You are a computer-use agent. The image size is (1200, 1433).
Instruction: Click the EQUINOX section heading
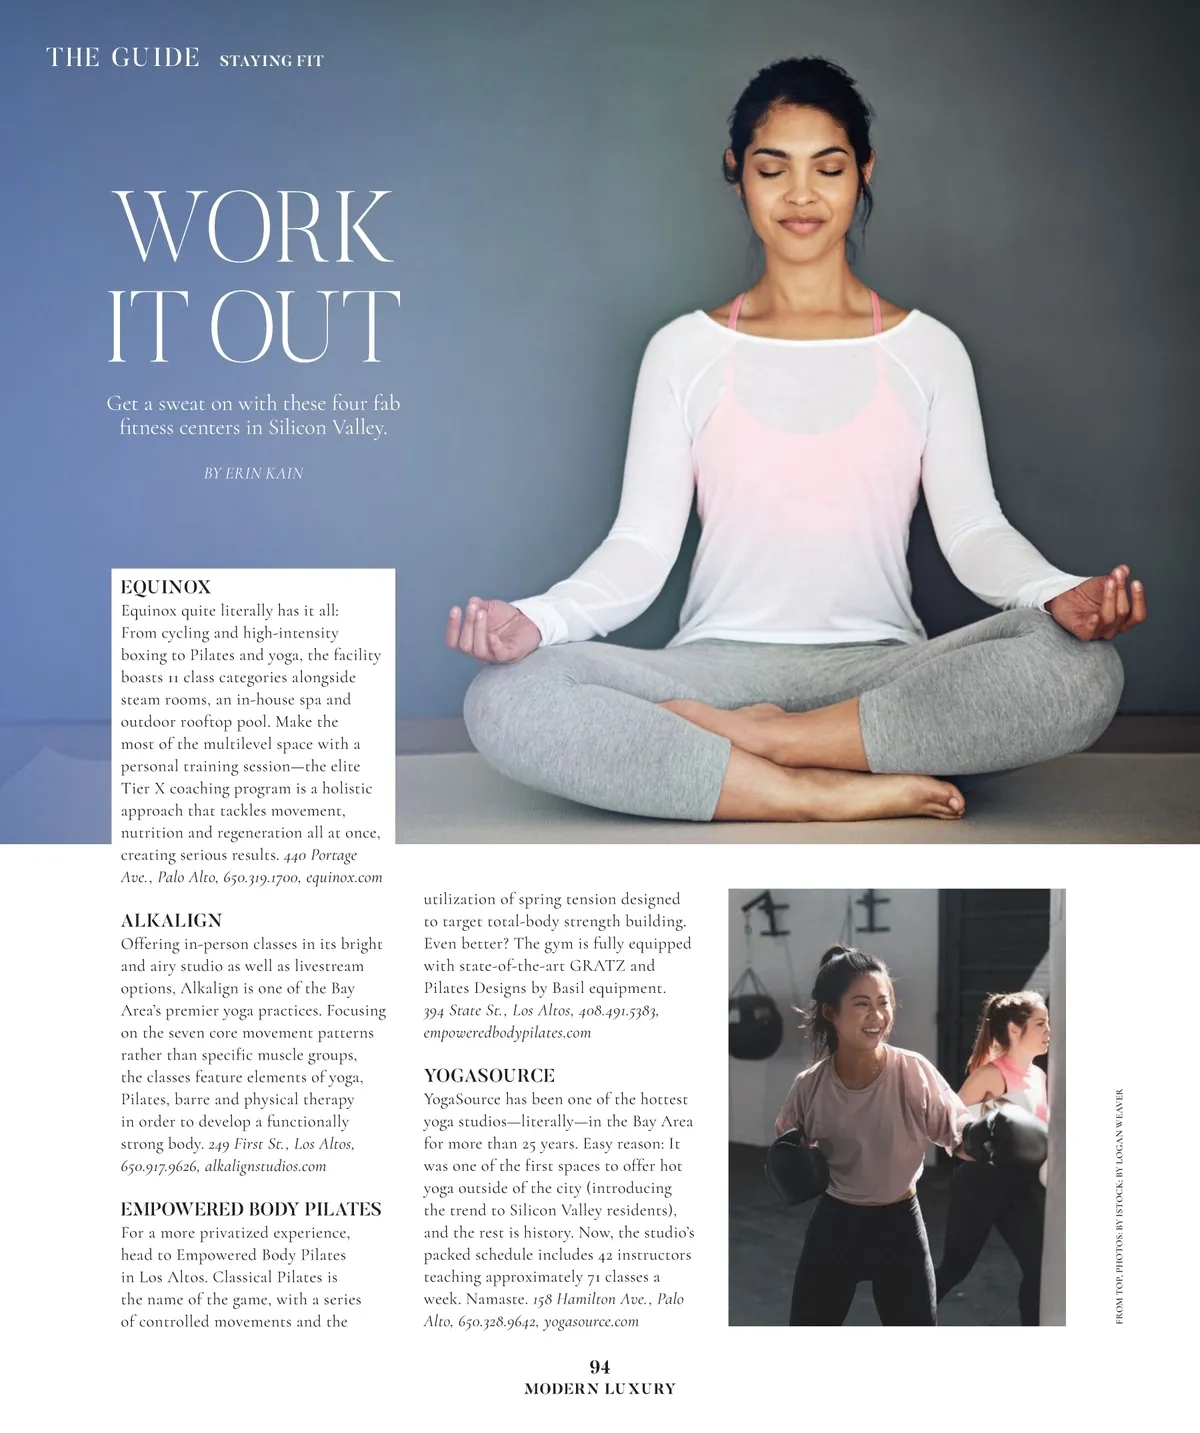[x=166, y=587]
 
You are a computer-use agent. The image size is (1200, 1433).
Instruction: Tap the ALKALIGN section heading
[x=171, y=920]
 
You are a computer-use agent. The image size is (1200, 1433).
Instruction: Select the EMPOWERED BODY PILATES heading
[x=251, y=1209]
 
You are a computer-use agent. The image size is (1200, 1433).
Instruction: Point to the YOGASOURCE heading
[x=489, y=1076]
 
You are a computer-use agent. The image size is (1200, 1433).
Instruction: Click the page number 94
[x=600, y=1367]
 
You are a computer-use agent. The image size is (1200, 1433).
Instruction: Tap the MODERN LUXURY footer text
[x=600, y=1389]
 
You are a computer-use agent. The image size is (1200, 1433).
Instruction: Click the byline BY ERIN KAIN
[x=253, y=473]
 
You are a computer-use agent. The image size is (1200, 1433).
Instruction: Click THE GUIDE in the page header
[x=123, y=58]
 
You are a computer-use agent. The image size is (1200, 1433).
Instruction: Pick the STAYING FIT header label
[x=271, y=61]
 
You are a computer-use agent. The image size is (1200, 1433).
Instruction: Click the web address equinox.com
[x=344, y=877]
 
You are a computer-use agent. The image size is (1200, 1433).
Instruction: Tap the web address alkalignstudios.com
[x=265, y=1166]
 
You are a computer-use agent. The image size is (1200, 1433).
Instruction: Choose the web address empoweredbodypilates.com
[x=507, y=1032]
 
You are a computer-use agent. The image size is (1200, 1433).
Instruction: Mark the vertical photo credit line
[x=1119, y=1207]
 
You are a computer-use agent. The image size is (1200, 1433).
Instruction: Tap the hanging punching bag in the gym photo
[x=750, y=1021]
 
